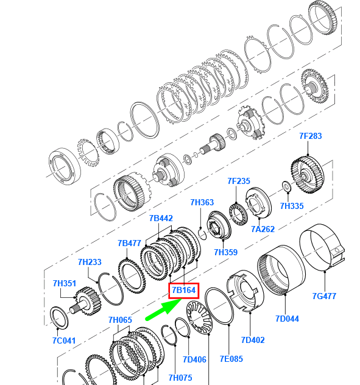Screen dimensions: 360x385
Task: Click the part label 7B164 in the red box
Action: click(x=183, y=290)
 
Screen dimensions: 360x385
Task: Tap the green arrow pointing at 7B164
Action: click(x=164, y=309)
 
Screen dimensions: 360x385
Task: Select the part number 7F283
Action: click(x=311, y=136)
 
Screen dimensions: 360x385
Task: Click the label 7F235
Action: click(x=238, y=181)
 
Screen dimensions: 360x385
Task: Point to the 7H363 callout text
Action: click(x=202, y=202)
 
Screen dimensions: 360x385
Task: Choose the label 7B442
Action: click(x=161, y=218)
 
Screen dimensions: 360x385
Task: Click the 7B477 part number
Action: click(x=129, y=243)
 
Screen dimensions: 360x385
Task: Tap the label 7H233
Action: click(x=90, y=262)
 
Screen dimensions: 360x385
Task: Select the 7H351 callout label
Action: click(x=65, y=283)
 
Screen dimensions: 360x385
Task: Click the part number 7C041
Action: click(x=64, y=341)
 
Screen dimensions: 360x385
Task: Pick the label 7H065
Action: click(x=120, y=320)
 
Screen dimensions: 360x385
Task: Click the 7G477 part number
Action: click(x=324, y=296)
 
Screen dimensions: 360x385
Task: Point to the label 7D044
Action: click(x=287, y=319)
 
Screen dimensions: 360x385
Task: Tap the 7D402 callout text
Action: click(x=253, y=340)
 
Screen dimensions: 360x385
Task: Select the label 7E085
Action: click(x=231, y=359)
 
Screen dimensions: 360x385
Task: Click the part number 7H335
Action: click(x=292, y=206)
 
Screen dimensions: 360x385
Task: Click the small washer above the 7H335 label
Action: click(x=286, y=186)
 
